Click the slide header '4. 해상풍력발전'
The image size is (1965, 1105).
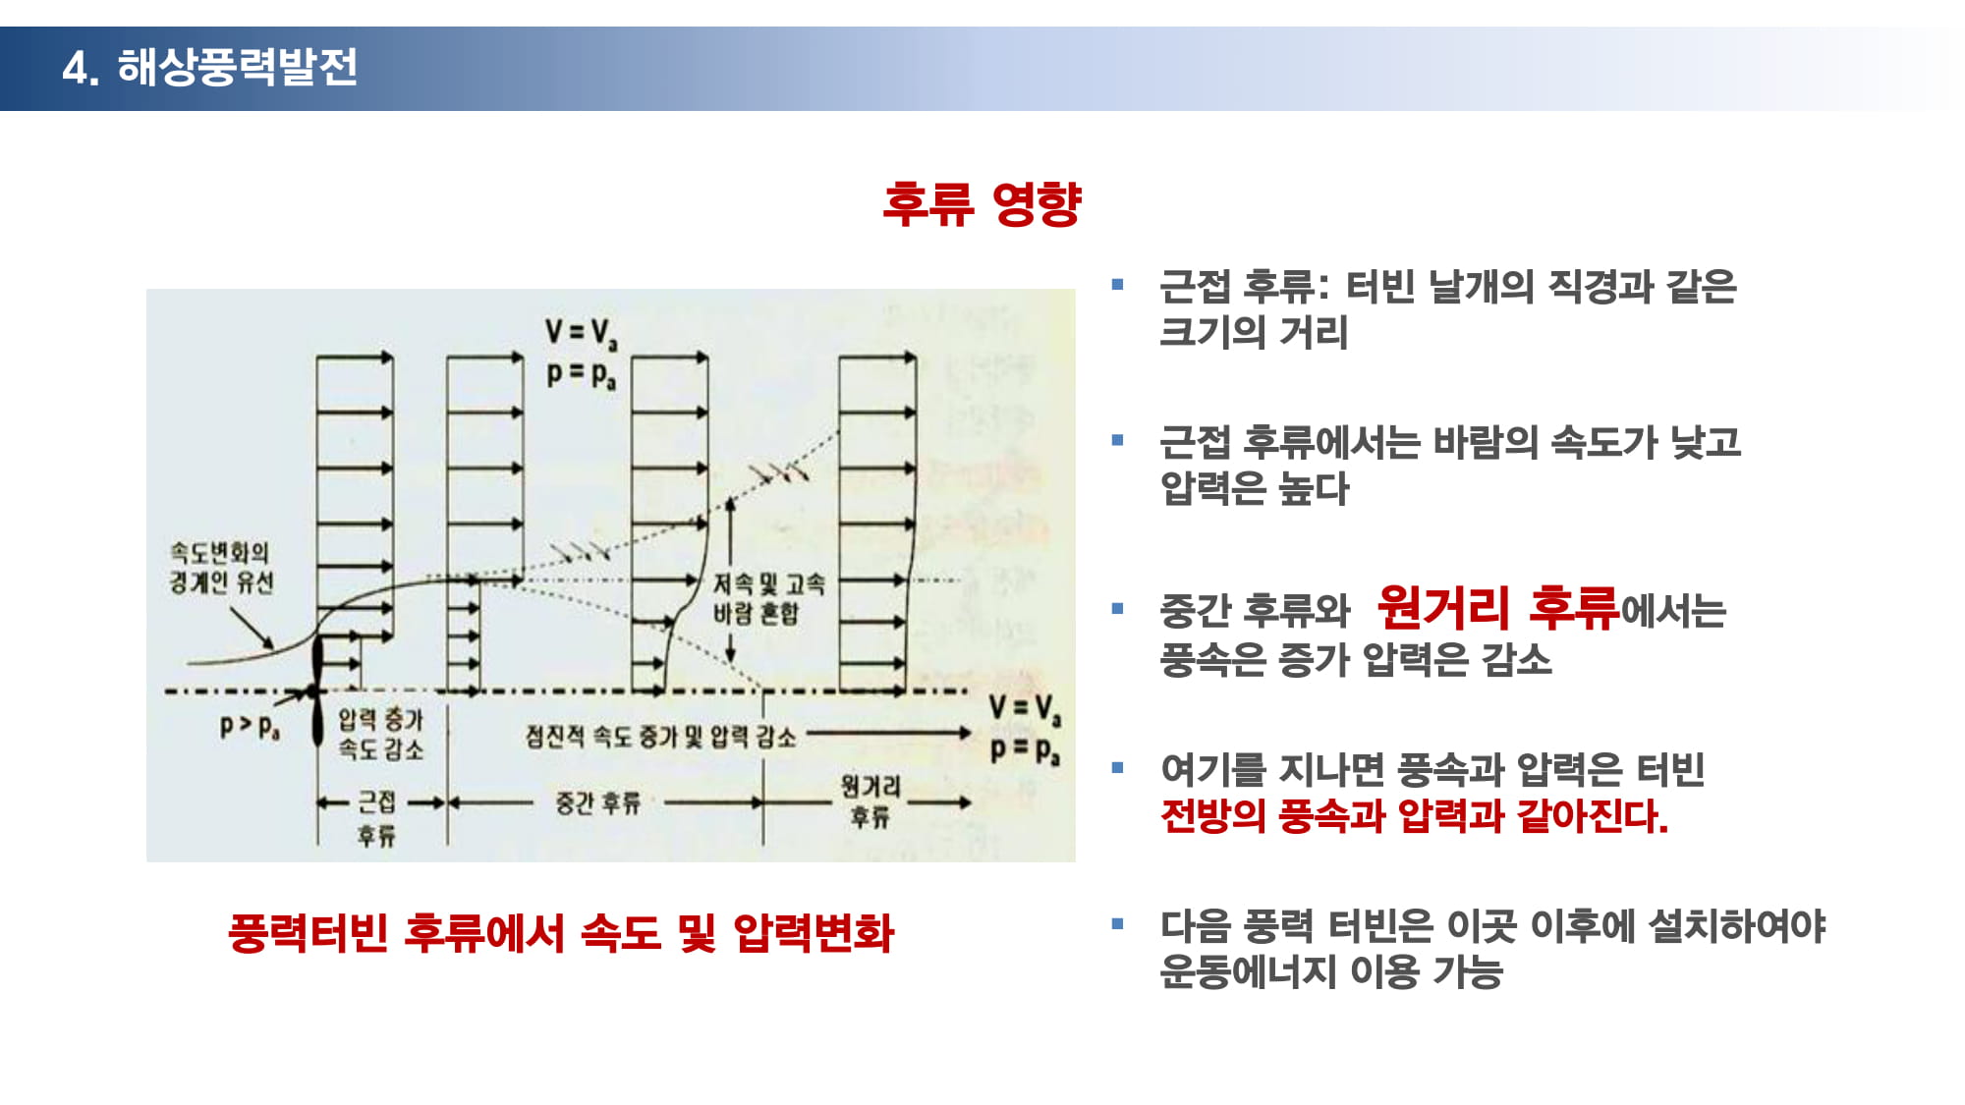[x=209, y=68]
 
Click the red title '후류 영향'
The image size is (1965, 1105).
[x=982, y=204]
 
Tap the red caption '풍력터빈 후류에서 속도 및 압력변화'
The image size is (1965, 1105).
[x=561, y=933]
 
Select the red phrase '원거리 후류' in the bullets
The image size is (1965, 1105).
[x=1497, y=607]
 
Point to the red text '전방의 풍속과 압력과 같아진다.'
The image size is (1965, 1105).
[x=1414, y=815]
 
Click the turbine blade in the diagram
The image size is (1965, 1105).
[x=316, y=691]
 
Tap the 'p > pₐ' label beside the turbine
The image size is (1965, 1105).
[x=250, y=727]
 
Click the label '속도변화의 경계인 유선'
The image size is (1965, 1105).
[x=221, y=568]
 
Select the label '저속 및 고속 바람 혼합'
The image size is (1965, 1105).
[x=768, y=598]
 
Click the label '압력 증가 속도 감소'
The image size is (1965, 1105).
[x=380, y=734]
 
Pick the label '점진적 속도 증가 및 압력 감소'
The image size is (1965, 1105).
[x=660, y=736]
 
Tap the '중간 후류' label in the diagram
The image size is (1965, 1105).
[x=597, y=802]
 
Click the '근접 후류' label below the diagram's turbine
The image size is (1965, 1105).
[x=376, y=818]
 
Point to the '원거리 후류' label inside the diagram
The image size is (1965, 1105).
[x=870, y=801]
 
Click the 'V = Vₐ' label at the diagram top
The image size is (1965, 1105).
[x=582, y=332]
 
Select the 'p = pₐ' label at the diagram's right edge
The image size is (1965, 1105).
[x=1025, y=749]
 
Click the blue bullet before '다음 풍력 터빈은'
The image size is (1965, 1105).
[x=1117, y=923]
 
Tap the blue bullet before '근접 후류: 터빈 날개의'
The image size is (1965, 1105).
[x=1117, y=285]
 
